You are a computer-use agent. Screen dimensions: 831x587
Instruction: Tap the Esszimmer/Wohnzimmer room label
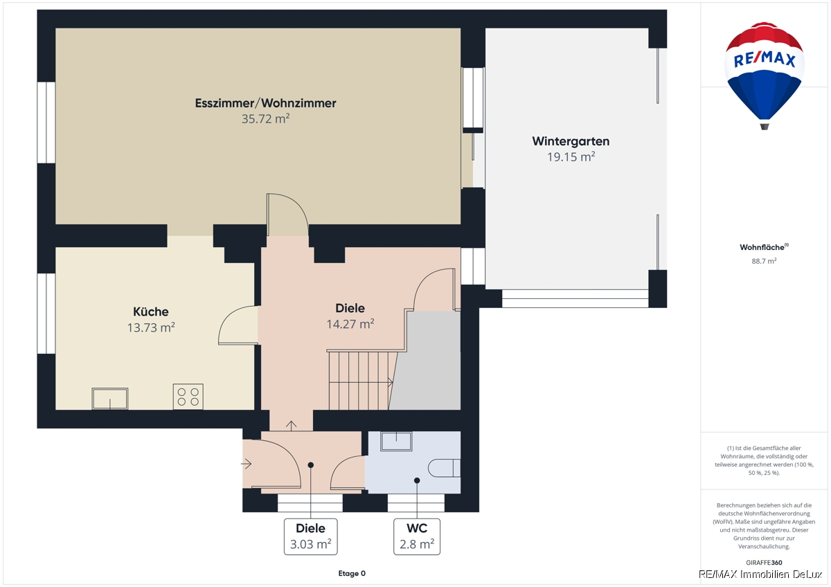[x=266, y=103]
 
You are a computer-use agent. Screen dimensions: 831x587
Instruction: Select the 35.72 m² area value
[x=266, y=118]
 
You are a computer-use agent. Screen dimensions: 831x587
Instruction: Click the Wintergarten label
[x=571, y=141]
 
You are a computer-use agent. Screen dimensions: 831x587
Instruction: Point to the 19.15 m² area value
[x=571, y=157]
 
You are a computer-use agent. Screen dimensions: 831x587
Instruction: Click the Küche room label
[x=151, y=311]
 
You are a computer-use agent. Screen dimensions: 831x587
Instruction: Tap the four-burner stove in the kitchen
[x=188, y=397]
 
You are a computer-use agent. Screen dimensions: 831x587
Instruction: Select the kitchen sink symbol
[x=110, y=399]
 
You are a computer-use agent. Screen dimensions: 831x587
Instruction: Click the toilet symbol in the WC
[x=444, y=468]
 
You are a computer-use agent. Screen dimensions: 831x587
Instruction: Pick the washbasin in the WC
[x=396, y=441]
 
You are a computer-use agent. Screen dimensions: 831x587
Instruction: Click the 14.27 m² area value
[x=350, y=324]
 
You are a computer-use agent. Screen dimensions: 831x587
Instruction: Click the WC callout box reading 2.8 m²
[x=417, y=536]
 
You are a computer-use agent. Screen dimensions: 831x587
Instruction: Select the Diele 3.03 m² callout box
[x=310, y=536]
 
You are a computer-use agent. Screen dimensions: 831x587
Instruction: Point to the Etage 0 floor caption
[x=352, y=573]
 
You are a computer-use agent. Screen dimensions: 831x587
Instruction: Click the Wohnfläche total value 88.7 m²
[x=765, y=261]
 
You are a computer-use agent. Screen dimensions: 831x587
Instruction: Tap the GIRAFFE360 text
[x=765, y=563]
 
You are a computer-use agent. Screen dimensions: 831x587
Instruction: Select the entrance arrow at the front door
[x=247, y=464]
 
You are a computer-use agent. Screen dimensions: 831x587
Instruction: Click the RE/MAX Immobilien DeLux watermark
[x=760, y=575]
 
